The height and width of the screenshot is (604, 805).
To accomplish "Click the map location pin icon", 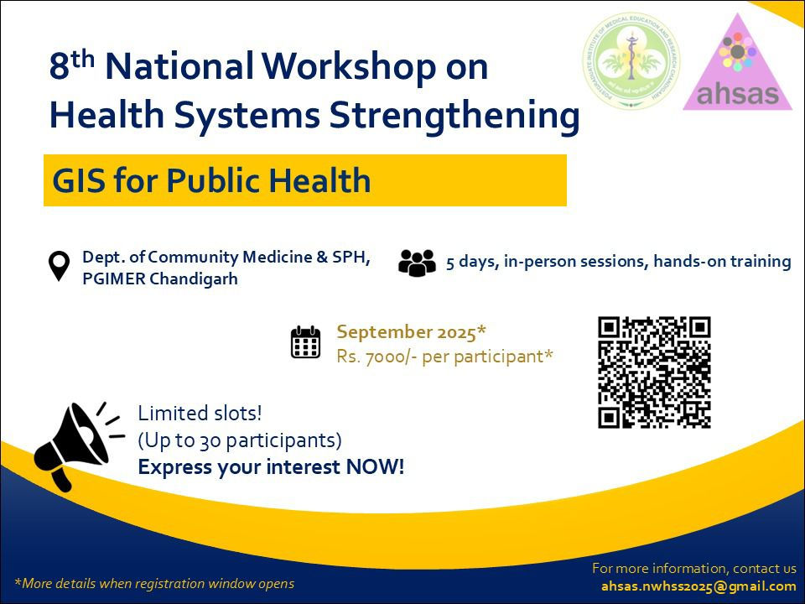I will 58,266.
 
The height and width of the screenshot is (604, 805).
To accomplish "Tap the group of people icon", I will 417,263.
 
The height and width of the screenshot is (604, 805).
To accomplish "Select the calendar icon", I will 305,342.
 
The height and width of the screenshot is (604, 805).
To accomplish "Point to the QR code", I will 654,372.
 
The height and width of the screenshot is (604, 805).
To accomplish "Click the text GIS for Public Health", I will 211,180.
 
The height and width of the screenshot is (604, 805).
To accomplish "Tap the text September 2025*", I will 412,331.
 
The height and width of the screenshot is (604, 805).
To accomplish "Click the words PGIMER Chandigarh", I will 159,279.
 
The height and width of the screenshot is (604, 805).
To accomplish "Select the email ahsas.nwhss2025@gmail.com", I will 698,586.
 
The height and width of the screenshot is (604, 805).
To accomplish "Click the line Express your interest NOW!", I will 271,467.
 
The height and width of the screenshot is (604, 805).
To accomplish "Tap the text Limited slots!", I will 200,413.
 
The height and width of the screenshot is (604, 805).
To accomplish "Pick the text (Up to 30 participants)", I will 240,440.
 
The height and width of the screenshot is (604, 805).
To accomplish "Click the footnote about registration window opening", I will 154,583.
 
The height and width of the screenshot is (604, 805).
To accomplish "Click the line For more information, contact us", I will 693,568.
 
